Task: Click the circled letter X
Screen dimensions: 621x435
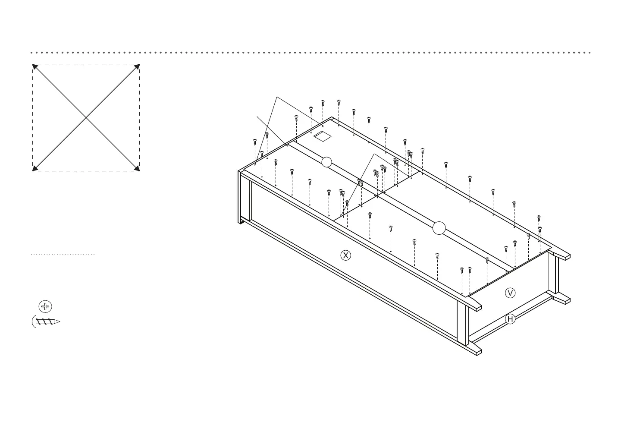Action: (345, 255)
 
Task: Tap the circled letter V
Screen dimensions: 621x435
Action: (510, 293)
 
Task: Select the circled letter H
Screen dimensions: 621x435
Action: (510, 319)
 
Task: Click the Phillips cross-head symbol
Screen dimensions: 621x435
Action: (45, 307)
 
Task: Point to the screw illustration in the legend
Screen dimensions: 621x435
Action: (46, 322)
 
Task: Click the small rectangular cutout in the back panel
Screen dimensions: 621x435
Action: (322, 136)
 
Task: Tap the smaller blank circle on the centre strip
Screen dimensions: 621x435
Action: (327, 162)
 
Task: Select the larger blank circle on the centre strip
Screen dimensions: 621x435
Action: (439, 227)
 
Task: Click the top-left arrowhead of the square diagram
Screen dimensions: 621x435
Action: (35, 66)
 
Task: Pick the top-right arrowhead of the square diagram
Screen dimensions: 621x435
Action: (137, 66)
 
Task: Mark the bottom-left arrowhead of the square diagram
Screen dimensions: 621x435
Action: (35, 168)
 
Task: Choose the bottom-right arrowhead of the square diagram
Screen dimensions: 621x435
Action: (137, 168)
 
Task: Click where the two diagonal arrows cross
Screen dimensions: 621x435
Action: (86, 117)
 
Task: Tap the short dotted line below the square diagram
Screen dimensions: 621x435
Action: (63, 255)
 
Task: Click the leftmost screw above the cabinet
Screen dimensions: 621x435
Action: (255, 141)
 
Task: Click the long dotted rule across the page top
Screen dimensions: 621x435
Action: (310, 53)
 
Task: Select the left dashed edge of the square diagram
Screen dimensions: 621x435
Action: (33, 117)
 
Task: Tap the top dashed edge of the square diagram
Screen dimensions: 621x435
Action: (86, 64)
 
